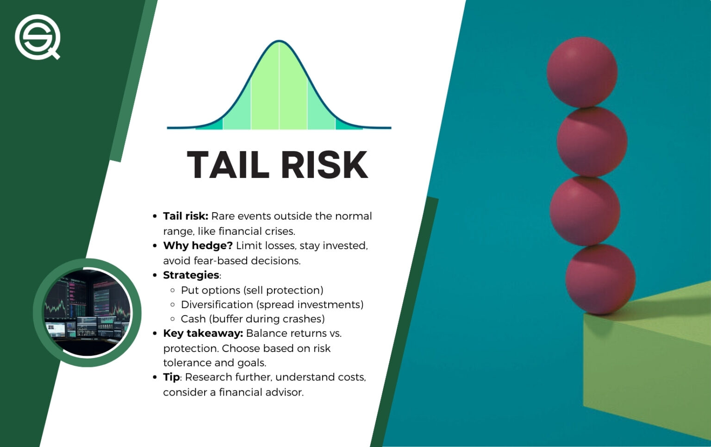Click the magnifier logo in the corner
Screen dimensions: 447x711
point(37,37)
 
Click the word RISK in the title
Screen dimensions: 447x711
point(324,165)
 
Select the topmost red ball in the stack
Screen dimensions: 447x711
point(582,72)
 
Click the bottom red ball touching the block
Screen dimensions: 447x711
point(600,279)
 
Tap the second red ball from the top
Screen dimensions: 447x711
point(592,142)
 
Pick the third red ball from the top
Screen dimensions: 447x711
point(585,211)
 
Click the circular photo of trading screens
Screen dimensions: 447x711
point(87,313)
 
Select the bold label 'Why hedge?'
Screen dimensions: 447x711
point(198,246)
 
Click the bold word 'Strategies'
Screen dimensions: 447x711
point(191,275)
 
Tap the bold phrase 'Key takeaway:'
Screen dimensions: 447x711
point(203,334)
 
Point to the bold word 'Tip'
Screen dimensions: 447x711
point(171,377)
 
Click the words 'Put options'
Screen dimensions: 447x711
point(211,290)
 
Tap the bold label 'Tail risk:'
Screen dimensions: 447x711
point(185,216)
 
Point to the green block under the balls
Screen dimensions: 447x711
point(648,361)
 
